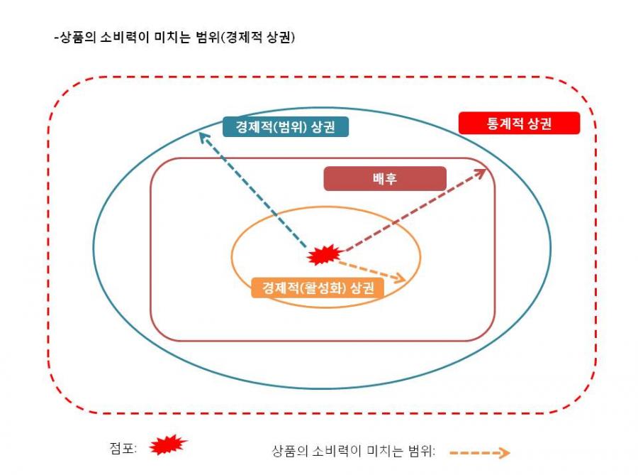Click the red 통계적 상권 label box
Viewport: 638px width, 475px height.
[519, 123]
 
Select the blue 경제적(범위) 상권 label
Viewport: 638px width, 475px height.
[286, 126]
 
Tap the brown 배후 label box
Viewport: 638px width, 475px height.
[385, 178]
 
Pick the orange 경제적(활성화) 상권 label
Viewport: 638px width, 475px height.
[318, 288]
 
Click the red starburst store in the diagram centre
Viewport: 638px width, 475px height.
[325, 255]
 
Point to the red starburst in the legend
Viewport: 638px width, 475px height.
[167, 445]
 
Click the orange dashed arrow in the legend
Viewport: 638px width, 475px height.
[480, 452]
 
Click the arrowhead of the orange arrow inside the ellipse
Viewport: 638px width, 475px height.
[401, 278]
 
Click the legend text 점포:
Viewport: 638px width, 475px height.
[123, 448]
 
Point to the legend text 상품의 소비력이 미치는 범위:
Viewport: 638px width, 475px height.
[354, 452]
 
